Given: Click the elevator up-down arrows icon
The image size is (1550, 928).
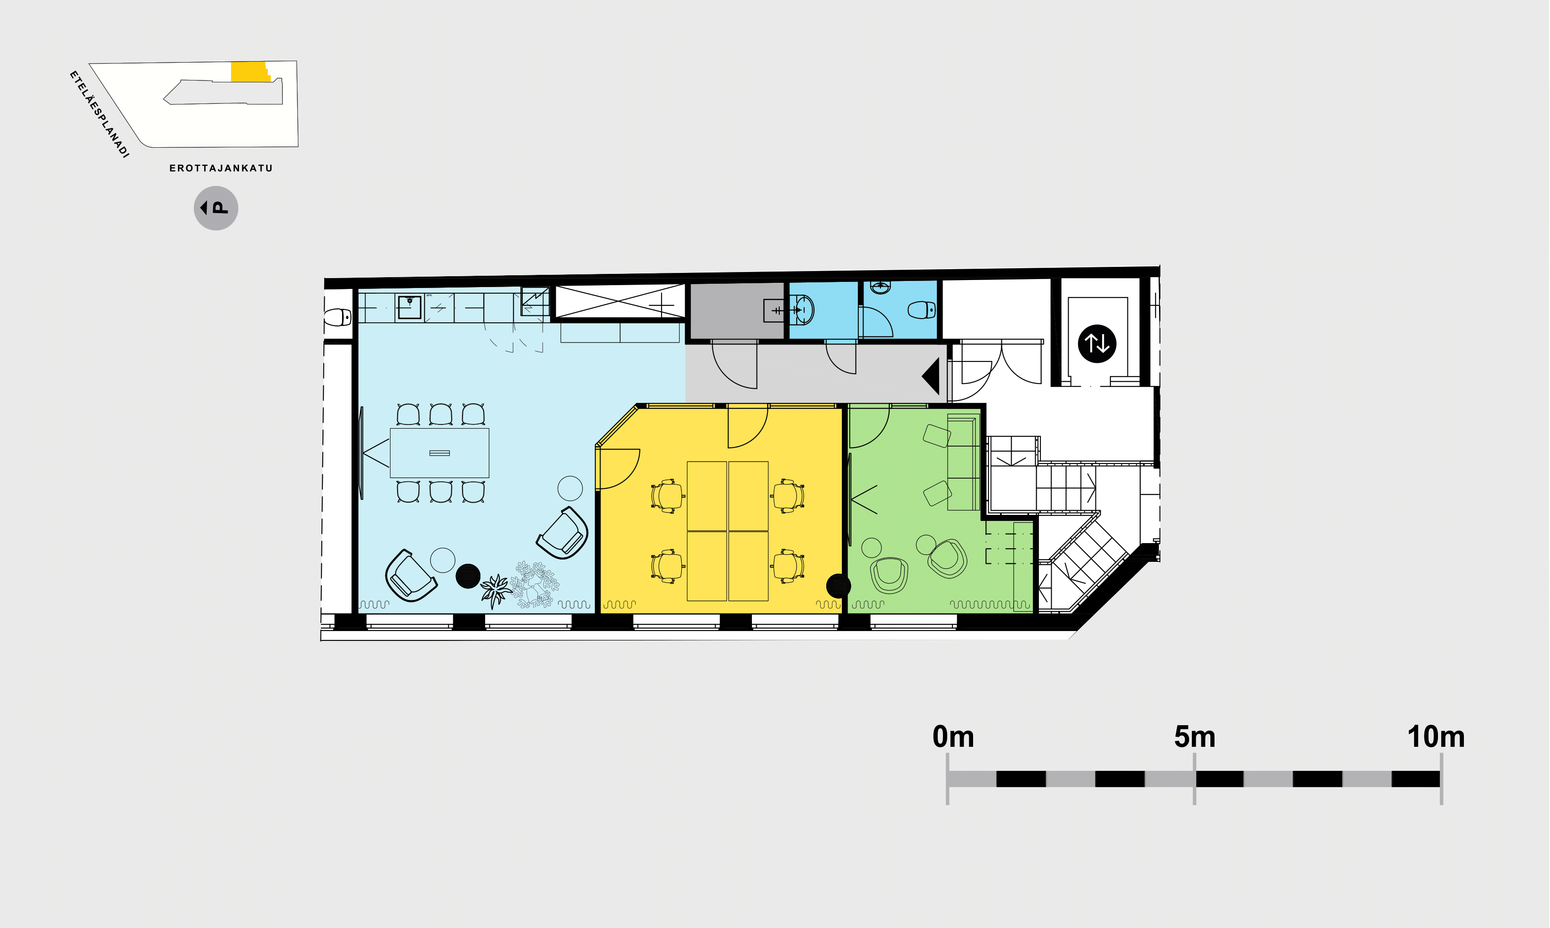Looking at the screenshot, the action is point(1097,344).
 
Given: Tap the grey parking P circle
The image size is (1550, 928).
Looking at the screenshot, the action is point(216,208).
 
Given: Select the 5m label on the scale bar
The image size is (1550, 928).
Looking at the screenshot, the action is point(1194,736).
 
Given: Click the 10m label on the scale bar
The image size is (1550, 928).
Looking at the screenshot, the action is point(1436,736).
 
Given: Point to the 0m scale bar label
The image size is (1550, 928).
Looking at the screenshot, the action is point(953,736).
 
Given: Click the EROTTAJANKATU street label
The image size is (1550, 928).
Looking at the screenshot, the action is point(221,168).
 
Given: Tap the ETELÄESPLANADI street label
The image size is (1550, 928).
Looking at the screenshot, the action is point(99,114).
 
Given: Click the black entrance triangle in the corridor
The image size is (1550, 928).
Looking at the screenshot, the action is point(931,376).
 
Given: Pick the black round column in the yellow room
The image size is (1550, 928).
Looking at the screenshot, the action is point(839,586).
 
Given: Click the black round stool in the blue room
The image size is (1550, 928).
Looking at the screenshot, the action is point(468,576).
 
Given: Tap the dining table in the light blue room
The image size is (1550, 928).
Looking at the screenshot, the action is point(439,453).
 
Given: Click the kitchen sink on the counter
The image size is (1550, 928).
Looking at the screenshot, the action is point(409,307).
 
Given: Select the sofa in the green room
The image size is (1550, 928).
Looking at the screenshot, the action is point(963,462).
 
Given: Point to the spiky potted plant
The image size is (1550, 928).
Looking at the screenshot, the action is point(496,590).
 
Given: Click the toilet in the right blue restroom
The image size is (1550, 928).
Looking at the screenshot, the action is point(922,310).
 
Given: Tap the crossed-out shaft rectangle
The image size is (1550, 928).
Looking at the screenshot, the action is point(620,302).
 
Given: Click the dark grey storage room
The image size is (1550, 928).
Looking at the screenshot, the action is point(736,311).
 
